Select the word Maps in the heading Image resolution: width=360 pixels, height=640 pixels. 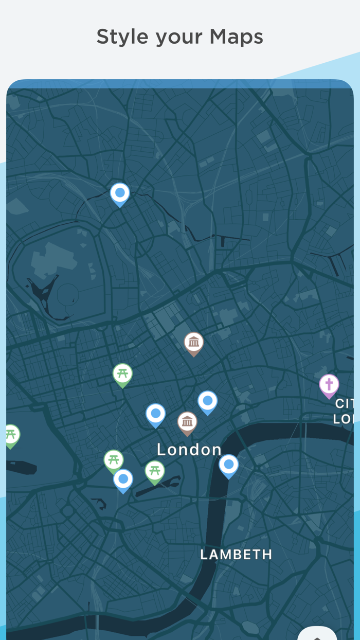point(236,37)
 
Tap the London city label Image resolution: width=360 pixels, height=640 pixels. point(189,450)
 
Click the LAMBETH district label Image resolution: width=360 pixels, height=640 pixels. point(236,555)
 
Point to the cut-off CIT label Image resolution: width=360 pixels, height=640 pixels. point(344,403)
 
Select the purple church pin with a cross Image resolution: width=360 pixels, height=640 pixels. point(329,384)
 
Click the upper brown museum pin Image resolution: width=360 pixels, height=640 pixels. point(194,342)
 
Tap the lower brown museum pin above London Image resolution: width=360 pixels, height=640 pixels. point(187,422)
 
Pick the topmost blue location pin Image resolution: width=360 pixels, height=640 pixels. point(120,193)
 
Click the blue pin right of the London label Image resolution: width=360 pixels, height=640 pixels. point(229,465)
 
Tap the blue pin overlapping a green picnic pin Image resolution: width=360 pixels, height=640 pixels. point(123,479)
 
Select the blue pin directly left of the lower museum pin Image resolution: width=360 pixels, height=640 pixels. point(155,414)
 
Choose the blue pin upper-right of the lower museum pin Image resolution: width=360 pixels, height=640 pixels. point(208,401)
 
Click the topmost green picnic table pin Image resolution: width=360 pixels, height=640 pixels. point(122,374)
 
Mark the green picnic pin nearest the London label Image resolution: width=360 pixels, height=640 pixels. point(154,471)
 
